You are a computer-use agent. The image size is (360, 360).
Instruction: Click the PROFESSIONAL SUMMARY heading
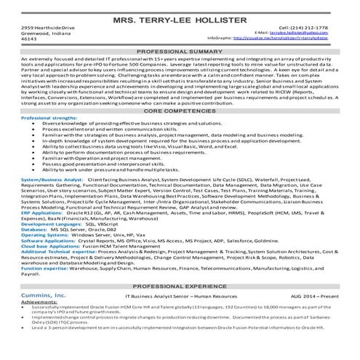pos(180,53)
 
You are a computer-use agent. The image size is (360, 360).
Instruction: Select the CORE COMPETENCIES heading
pos(180,111)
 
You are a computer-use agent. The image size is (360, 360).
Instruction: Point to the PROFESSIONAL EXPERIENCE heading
pos(180,287)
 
